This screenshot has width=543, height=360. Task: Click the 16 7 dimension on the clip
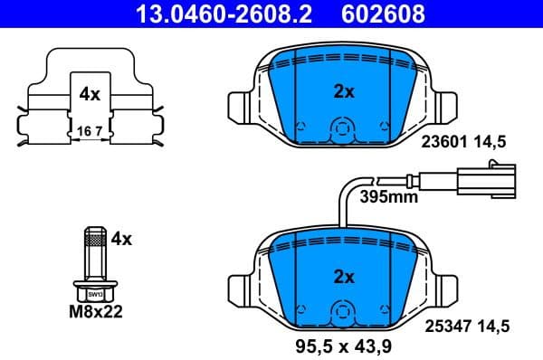(x=89, y=131)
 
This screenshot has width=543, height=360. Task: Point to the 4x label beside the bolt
(x=120, y=239)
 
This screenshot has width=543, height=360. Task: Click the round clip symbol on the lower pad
(x=339, y=311)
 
